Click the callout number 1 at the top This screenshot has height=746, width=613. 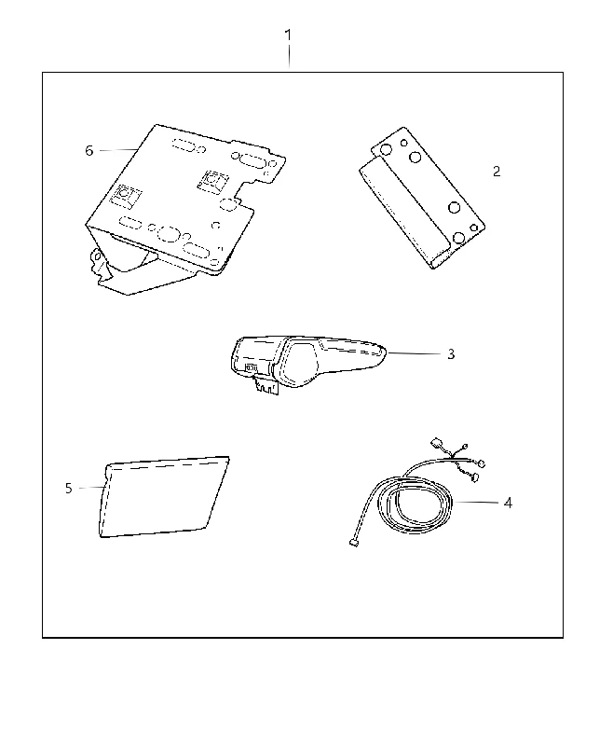pos(288,35)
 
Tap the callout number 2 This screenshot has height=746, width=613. pos(497,172)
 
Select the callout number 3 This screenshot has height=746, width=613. pos(451,354)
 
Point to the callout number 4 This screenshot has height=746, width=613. pos(508,503)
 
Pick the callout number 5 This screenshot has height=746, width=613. pos(68,488)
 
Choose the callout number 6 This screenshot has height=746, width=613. pos(89,151)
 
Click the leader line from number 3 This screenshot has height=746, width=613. pos(414,353)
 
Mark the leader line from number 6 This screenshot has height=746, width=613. pos(117,150)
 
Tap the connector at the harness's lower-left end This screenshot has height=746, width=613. pos(353,542)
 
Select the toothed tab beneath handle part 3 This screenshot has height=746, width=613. pos(266,384)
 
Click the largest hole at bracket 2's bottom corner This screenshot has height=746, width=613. pos(459,238)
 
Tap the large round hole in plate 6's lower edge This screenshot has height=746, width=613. pos(168,234)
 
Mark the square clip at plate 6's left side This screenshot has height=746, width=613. pos(126,196)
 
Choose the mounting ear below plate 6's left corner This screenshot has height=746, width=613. pos(99,263)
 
